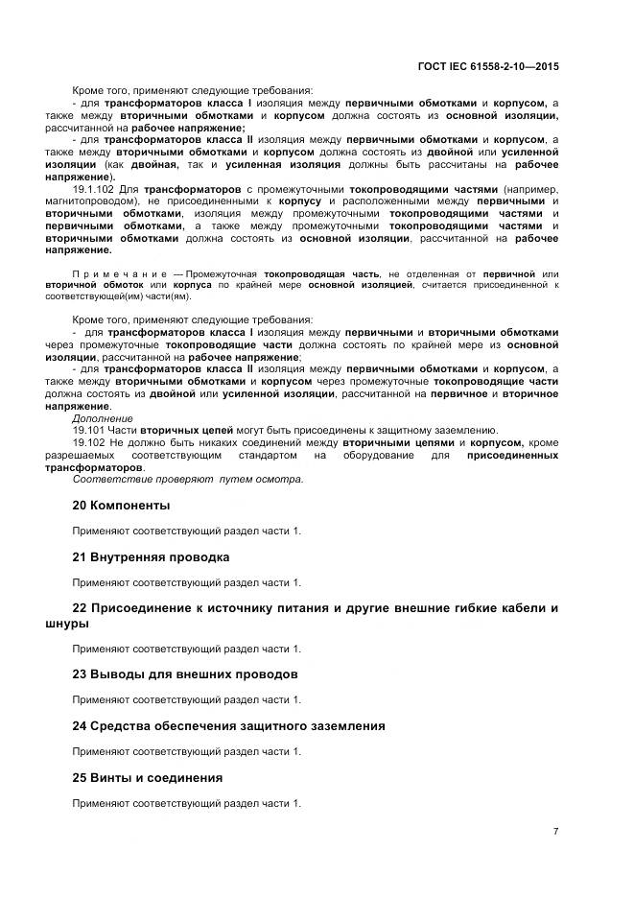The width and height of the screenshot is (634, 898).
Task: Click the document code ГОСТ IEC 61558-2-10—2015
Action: (x=488, y=66)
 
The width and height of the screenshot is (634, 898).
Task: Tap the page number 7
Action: (x=555, y=831)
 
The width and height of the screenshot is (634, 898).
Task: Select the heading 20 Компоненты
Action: (x=121, y=505)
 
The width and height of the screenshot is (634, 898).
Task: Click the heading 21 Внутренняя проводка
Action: (x=151, y=556)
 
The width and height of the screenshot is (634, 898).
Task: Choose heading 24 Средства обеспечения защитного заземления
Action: (x=229, y=726)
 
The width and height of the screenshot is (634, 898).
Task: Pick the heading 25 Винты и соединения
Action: (x=148, y=778)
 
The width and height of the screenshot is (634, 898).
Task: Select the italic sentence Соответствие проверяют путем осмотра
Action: (x=188, y=479)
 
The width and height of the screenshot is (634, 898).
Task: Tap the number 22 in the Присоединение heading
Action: (x=81, y=608)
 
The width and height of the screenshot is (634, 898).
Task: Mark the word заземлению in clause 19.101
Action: (x=467, y=430)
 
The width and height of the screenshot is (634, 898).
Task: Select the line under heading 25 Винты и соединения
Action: (x=187, y=803)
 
